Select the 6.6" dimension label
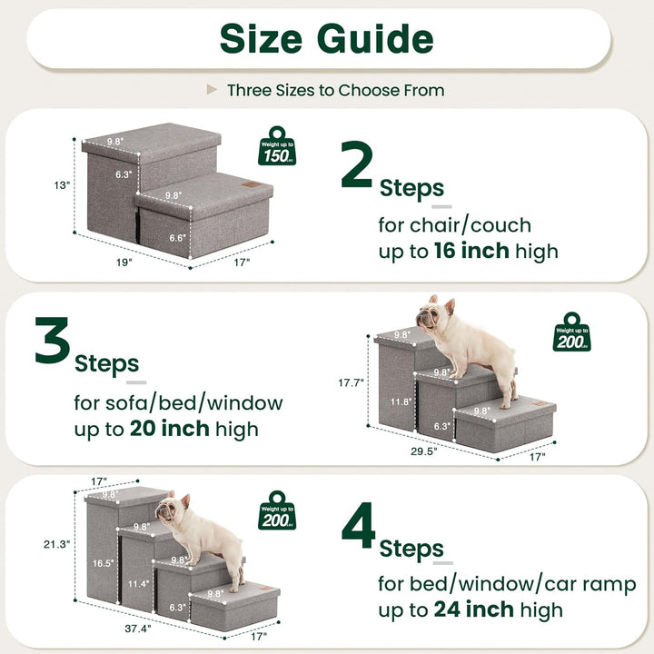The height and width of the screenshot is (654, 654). pos(177,238)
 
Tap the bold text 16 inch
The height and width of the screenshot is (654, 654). pos(471,251)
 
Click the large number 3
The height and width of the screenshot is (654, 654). pos(53,342)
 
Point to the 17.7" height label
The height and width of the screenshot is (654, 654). pos(351,382)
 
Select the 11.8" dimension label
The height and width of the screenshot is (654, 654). pos(402,402)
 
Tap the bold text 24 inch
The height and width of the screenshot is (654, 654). pos(471,609)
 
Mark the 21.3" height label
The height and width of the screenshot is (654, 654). pos(56,544)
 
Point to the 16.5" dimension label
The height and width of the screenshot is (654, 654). pos(104,563)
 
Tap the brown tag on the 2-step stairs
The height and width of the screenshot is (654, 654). pos(263,191)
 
